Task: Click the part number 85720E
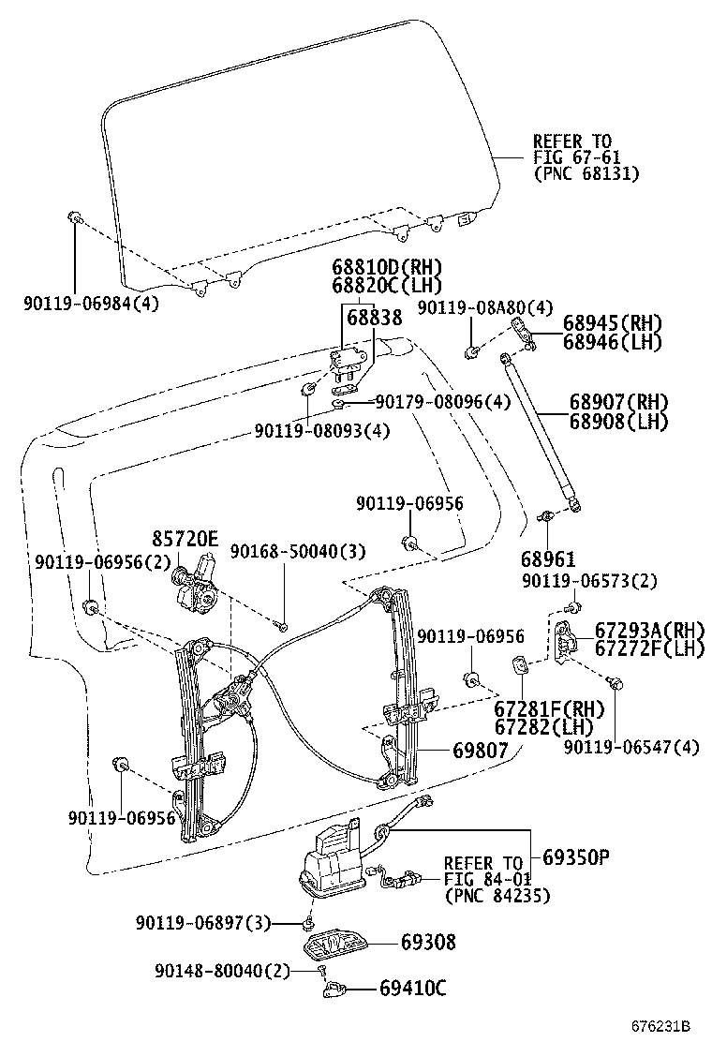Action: pos(185,539)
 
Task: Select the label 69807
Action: pos(480,750)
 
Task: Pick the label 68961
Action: pos(548,559)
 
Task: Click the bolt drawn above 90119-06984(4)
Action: pos(73,218)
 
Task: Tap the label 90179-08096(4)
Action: pos(443,402)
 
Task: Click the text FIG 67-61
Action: pos(577,157)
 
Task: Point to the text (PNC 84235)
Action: pos(497,896)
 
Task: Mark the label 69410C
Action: pos(413,988)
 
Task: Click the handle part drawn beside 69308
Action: pos(333,943)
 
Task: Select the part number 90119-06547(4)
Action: pos(631,747)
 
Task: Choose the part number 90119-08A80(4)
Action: pos(485,307)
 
